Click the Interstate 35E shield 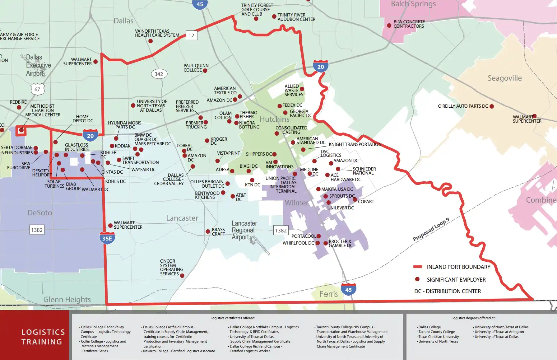coord(107,238)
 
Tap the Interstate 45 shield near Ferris coord(348,289)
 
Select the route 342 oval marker coord(159,74)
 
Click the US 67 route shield coord(38,89)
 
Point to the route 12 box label coord(191,35)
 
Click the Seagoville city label coord(504,78)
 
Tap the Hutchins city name coord(274,119)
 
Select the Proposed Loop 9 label coord(431,230)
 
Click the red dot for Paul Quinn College coord(205,71)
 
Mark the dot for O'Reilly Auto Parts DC coord(492,106)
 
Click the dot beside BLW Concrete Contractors coord(389,26)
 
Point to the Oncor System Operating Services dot coord(182,276)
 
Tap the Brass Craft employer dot coord(208,231)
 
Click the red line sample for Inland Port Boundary coord(417,267)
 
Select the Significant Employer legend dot coord(417,279)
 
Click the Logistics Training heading coord(43,337)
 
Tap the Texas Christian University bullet coord(438,337)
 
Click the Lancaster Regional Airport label coord(244,230)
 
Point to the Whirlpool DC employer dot coord(318,243)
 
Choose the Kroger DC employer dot coord(207,141)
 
